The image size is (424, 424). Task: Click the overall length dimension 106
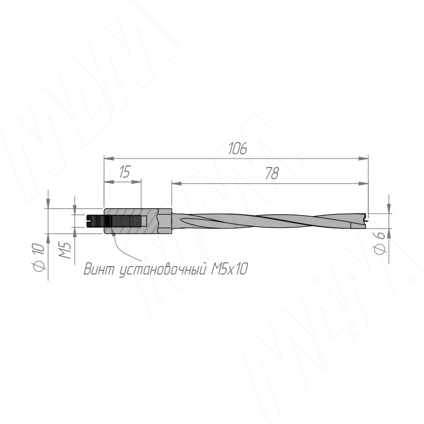click(x=237, y=148)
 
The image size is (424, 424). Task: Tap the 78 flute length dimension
click(x=272, y=173)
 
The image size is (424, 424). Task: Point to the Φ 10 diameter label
click(x=39, y=257)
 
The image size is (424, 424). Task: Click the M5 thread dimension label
click(x=65, y=250)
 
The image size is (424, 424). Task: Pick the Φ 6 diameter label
click(x=379, y=243)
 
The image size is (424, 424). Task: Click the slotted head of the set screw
click(x=89, y=221)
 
